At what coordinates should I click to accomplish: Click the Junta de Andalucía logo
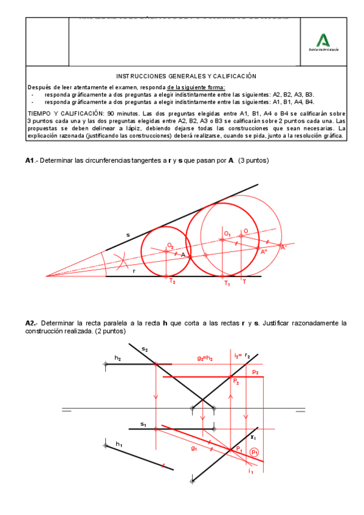click(324, 41)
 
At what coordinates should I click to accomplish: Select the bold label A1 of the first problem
click(30, 160)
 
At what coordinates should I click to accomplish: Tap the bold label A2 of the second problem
click(31, 322)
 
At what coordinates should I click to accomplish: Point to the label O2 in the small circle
click(171, 245)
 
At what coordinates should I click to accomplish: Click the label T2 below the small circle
click(172, 281)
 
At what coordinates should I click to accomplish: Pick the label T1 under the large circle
click(227, 283)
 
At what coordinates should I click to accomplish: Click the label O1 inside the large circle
click(227, 233)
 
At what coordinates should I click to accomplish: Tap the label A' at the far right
click(283, 247)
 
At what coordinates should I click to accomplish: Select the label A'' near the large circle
click(264, 251)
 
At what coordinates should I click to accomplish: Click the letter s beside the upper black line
click(128, 234)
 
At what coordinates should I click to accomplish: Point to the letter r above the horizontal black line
click(134, 271)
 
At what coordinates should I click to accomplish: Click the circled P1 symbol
click(255, 452)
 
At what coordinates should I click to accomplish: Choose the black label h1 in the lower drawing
click(118, 445)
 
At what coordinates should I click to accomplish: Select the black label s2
click(145, 349)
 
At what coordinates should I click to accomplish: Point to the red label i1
click(251, 471)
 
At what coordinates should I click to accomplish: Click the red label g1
click(194, 449)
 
